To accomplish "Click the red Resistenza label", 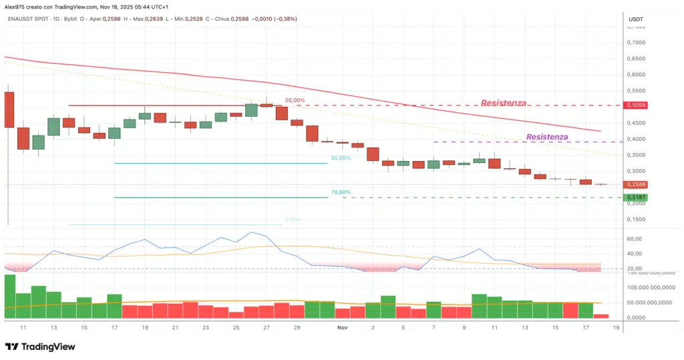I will coord(503,104).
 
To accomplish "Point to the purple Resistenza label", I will coord(547,137).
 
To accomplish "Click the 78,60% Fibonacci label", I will coord(340,192).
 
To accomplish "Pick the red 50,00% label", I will coord(295,101).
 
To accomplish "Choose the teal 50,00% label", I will coord(340,158).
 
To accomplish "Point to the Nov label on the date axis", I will coord(343,328).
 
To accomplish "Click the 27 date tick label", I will coord(267,328).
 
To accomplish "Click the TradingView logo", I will coord(40,347).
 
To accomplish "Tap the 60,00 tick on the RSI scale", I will coord(634,239).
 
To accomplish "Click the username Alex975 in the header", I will coord(17,6).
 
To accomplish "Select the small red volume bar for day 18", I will coord(601,316).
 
